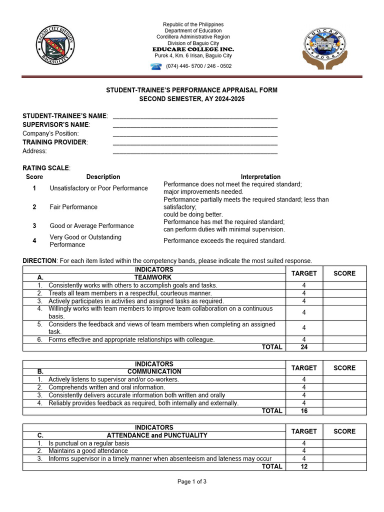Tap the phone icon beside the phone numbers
pyautogui.click(x=155, y=66)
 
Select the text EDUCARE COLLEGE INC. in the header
pyautogui.click(x=193, y=49)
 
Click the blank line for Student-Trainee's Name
pyautogui.click(x=195, y=117)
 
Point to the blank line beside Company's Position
pyautogui.click(x=195, y=134)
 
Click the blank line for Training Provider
pyautogui.click(x=195, y=143)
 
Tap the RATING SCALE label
pyautogui.click(x=46, y=168)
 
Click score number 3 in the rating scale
pyautogui.click(x=34, y=226)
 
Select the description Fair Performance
pyautogui.click(x=73, y=207)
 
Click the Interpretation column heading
pyautogui.click(x=260, y=177)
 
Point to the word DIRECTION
pyautogui.click(x=40, y=261)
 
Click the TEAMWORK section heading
pyautogui.click(x=152, y=277)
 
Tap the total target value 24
pyautogui.click(x=304, y=347)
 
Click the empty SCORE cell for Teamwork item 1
pyautogui.click(x=344, y=285)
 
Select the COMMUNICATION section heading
pyautogui.click(x=154, y=372)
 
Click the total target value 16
pyautogui.click(x=304, y=411)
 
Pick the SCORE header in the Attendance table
pyautogui.click(x=344, y=431)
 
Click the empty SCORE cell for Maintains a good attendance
pyautogui.click(x=344, y=451)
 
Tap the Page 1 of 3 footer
pyautogui.click(x=192, y=482)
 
